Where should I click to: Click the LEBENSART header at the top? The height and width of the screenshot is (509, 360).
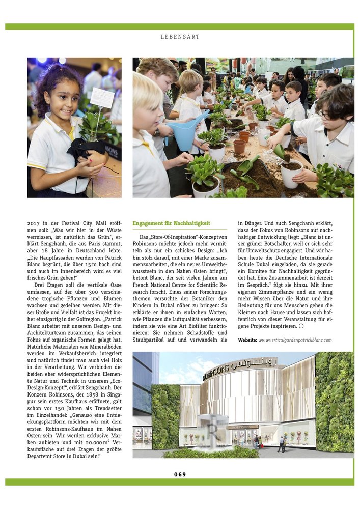coord(180,37)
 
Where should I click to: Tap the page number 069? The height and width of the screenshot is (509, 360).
coord(180,474)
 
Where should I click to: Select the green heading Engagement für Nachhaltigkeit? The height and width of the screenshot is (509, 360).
coord(171,223)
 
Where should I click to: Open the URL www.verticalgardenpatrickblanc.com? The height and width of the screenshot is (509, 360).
coord(295,340)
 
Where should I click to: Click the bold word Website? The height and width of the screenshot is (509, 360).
coord(247,340)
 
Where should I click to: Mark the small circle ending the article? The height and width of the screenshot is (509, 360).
coord(301,326)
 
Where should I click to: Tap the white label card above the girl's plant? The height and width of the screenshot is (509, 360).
coord(102,98)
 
